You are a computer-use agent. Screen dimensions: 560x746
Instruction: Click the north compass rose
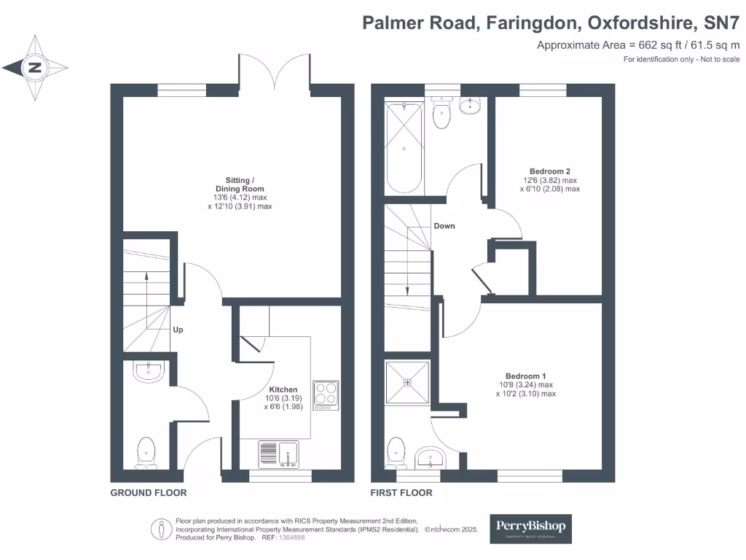(x=34, y=69)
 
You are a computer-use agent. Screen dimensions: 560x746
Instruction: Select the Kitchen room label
(x=283, y=389)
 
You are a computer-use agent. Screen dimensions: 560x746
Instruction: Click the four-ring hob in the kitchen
(x=326, y=394)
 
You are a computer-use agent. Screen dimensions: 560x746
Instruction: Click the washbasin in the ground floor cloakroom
(x=150, y=372)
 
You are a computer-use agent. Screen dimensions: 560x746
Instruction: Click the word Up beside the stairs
(x=178, y=330)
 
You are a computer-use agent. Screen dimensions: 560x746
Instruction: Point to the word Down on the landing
(x=444, y=226)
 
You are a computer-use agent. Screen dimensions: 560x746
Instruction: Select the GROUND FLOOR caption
(x=149, y=493)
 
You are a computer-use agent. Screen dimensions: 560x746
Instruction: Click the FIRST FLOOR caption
(x=401, y=493)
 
